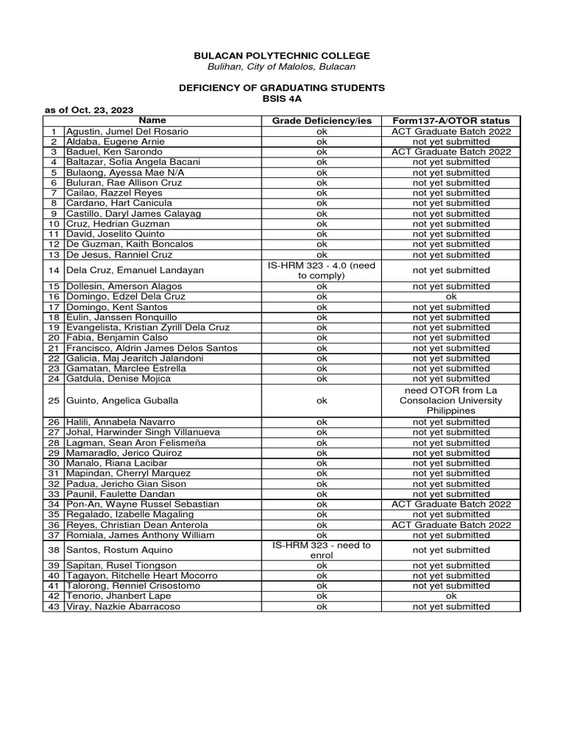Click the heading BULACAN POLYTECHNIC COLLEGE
click(x=281, y=56)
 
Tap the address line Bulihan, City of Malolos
click(x=281, y=67)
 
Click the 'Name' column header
click(x=152, y=120)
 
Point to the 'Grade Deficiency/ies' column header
click(x=322, y=120)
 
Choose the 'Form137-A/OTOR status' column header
click(x=451, y=120)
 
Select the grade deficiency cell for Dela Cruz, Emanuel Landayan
click(x=322, y=270)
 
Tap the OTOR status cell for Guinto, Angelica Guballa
click(x=451, y=401)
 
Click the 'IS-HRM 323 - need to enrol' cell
click(x=322, y=550)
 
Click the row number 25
click(x=54, y=401)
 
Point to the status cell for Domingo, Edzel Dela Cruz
click(x=451, y=297)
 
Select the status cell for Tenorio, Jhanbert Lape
click(x=451, y=596)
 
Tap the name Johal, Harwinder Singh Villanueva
click(x=143, y=432)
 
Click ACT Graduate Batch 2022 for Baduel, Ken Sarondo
click(x=451, y=151)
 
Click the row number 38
click(x=54, y=550)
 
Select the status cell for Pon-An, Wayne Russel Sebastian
click(x=451, y=504)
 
